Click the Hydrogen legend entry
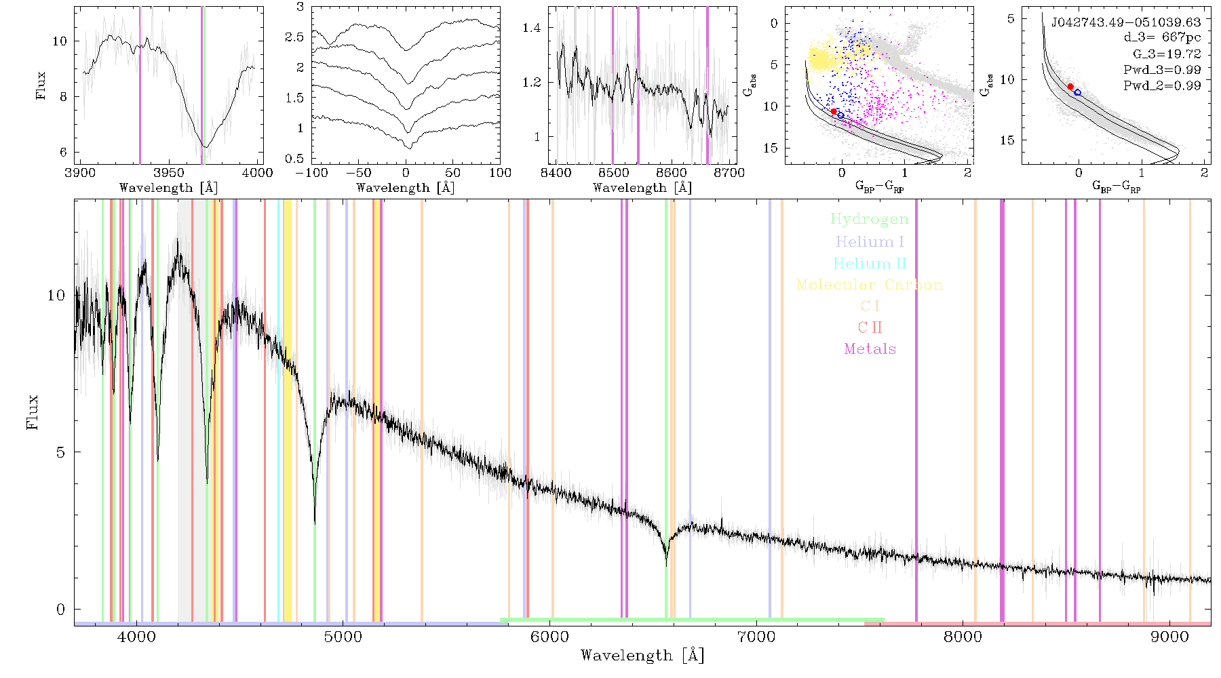pos(869,220)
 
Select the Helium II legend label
pos(870,263)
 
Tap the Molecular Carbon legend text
pos(870,285)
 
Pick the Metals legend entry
pos(870,349)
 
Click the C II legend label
pos(870,327)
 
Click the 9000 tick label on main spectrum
pos(1169,637)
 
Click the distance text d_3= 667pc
pos(1152,37)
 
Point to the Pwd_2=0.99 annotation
pos(1162,85)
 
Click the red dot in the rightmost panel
pos(1070,87)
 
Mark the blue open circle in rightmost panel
pos(1077,92)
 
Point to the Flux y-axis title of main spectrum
pos(32,412)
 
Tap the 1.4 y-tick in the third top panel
pos(532,28)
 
